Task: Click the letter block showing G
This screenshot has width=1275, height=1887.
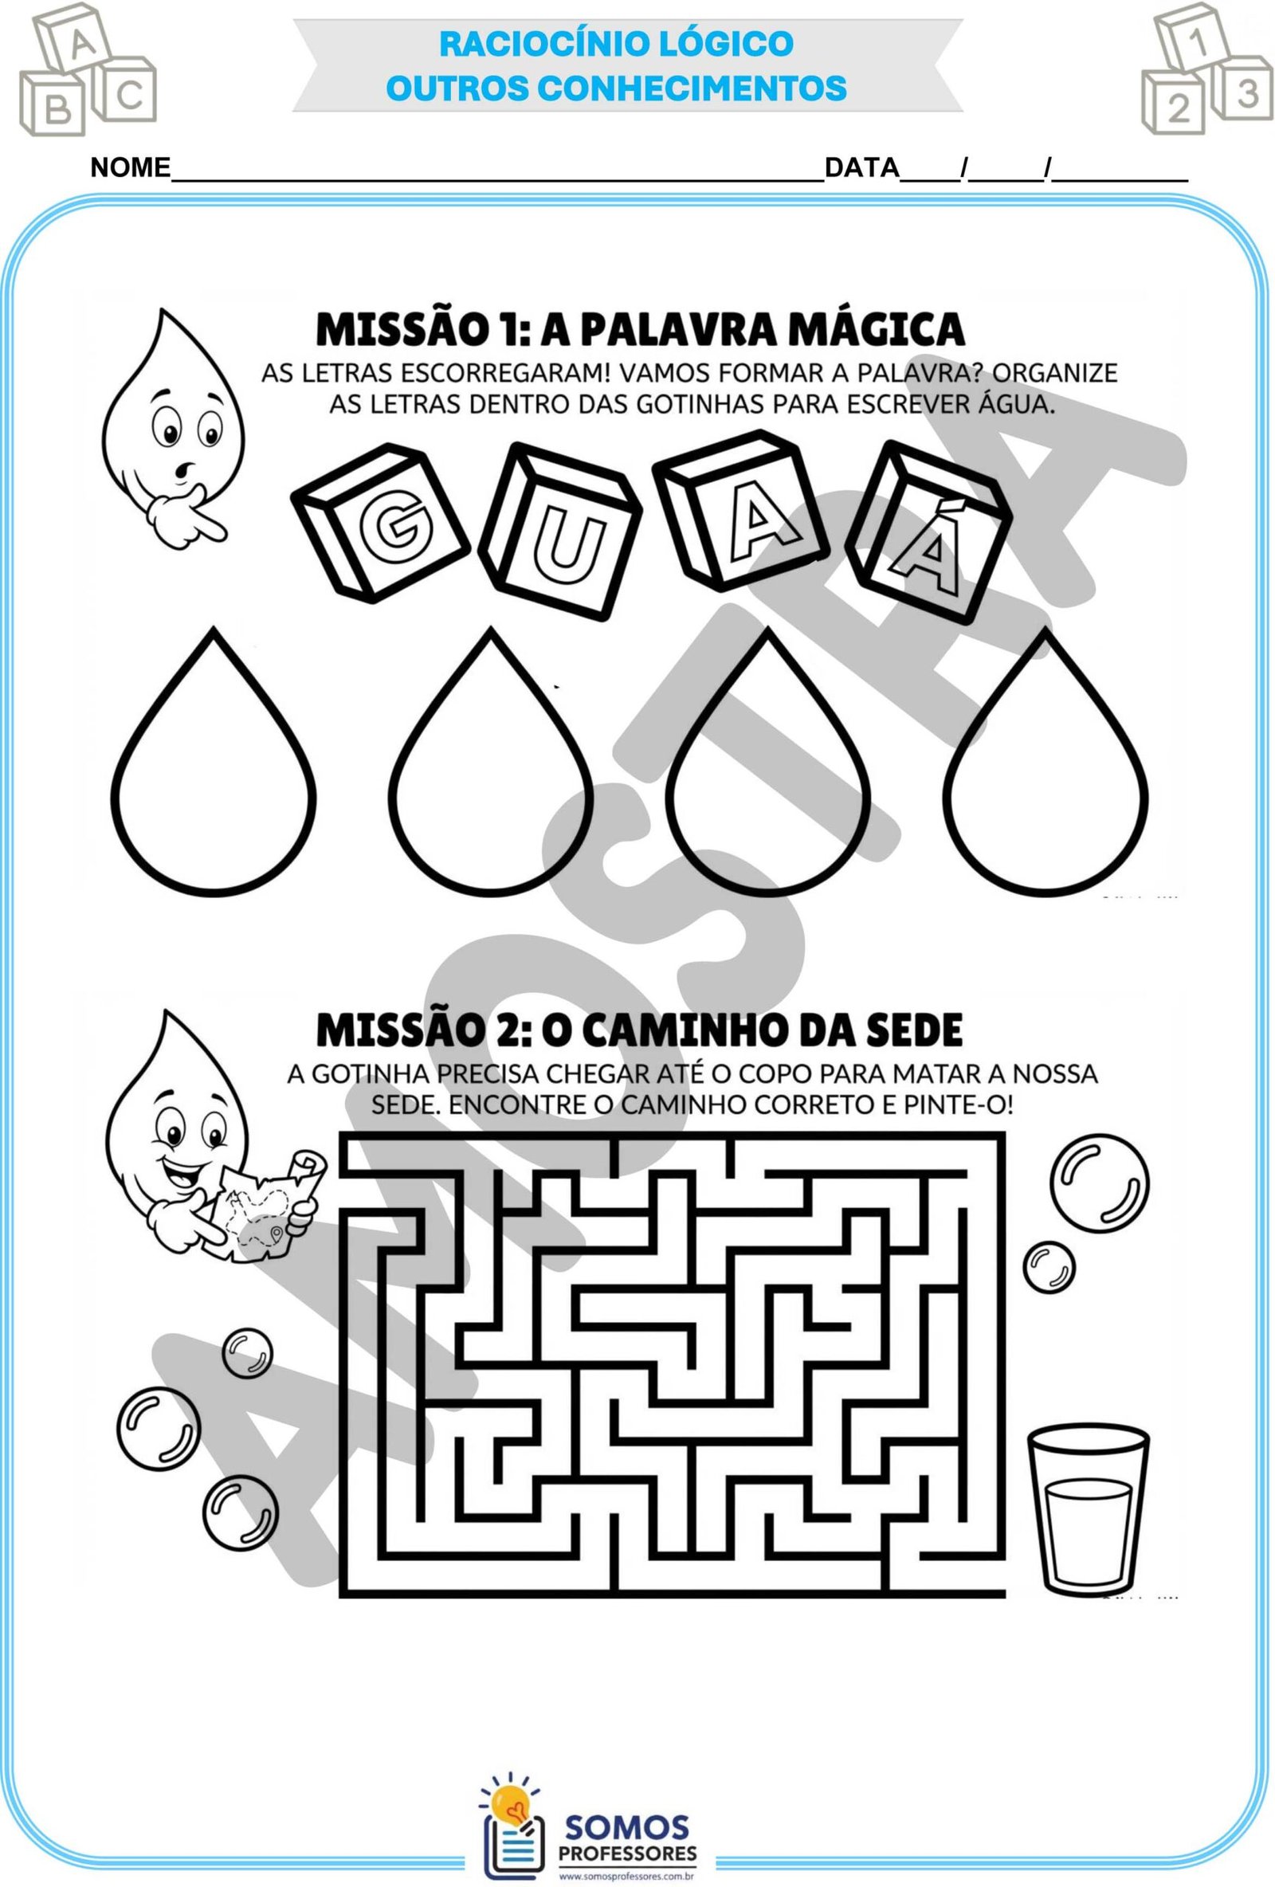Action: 379,520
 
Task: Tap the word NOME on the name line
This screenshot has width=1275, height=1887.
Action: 130,168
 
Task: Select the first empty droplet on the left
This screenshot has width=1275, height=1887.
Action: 213,762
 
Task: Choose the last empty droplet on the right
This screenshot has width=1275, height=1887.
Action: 1047,760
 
